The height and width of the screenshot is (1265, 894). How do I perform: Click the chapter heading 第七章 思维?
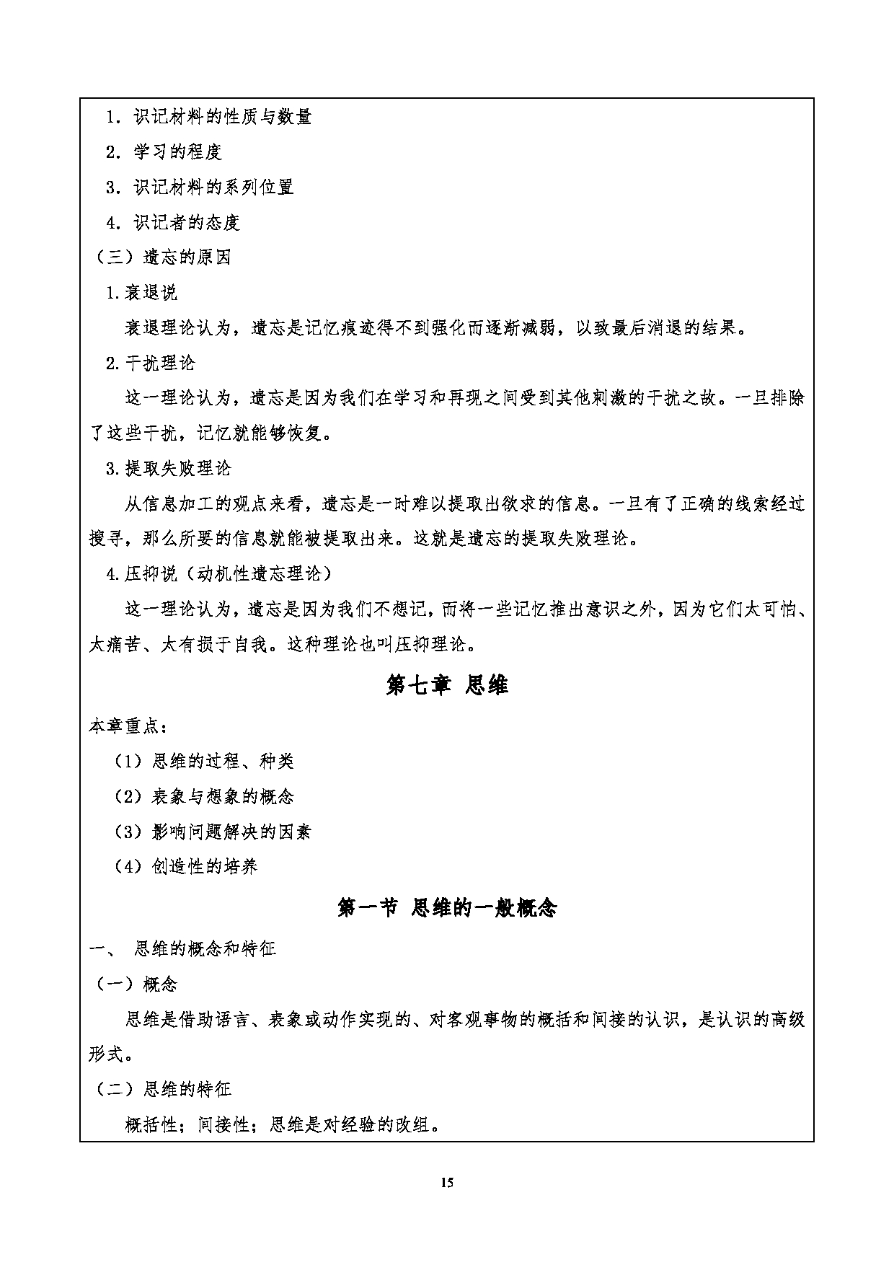(x=447, y=685)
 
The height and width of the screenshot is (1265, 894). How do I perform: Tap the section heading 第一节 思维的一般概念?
(x=447, y=907)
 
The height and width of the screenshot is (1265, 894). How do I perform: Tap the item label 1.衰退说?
(x=141, y=293)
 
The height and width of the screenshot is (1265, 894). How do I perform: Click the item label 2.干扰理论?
(x=150, y=363)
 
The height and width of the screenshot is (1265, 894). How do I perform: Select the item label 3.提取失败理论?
(x=168, y=469)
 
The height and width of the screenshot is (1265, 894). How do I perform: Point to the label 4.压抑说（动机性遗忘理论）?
(x=219, y=574)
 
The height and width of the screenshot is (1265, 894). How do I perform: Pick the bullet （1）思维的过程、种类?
(x=204, y=761)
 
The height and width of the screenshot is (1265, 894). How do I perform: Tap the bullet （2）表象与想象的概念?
(x=204, y=796)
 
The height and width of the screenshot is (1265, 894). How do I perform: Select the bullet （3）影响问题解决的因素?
(x=213, y=832)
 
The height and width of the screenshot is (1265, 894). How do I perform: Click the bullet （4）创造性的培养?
(x=186, y=866)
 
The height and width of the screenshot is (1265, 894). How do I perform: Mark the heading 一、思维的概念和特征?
(x=182, y=948)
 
